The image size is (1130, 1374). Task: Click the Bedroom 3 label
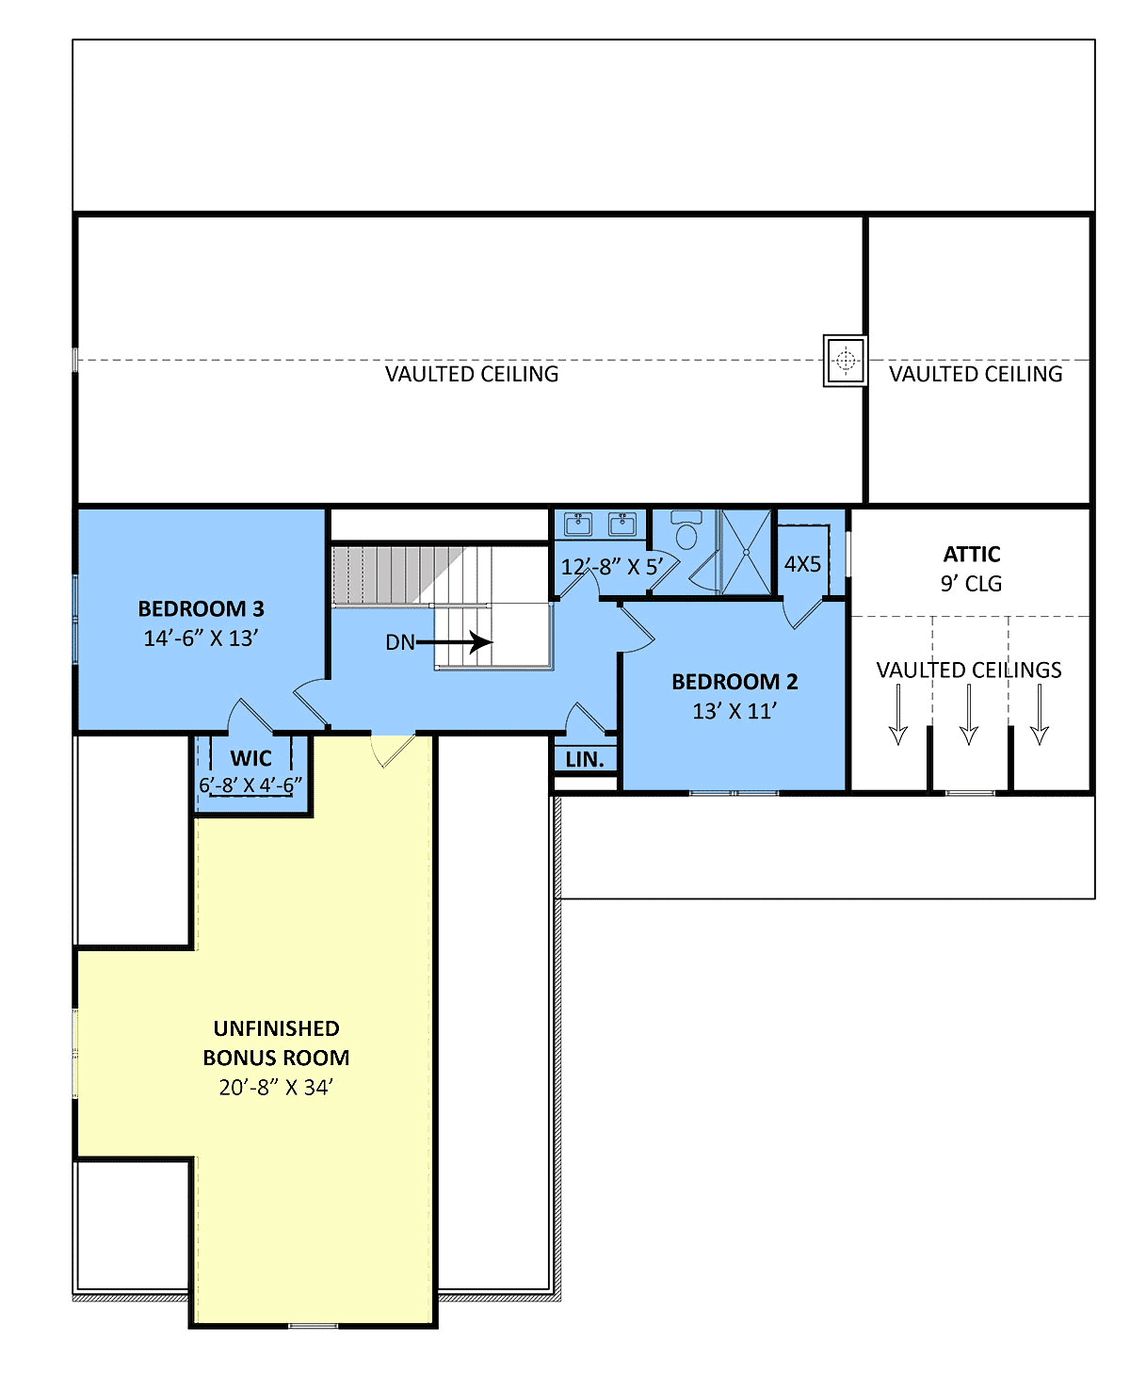(201, 608)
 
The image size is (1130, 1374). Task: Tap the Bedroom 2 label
(734, 682)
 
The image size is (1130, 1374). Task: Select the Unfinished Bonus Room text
(276, 1043)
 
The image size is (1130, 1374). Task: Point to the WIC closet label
(250, 758)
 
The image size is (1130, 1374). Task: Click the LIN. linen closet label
(584, 759)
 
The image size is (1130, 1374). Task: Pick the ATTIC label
(971, 554)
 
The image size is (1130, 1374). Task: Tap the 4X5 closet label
(802, 563)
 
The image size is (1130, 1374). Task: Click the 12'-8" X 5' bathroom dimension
(612, 567)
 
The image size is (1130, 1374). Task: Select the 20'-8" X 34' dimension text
(276, 1088)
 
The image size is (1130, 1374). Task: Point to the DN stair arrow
(454, 642)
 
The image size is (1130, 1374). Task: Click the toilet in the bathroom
(686, 529)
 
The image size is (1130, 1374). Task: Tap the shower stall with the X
(747, 552)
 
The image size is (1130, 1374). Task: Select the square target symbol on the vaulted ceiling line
(845, 361)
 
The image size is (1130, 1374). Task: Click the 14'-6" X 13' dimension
(201, 638)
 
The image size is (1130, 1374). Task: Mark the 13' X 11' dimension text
(734, 711)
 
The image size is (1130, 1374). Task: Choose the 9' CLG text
(971, 583)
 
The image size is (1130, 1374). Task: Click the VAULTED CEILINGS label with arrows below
(968, 670)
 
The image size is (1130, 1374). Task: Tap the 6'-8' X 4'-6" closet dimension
(250, 785)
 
